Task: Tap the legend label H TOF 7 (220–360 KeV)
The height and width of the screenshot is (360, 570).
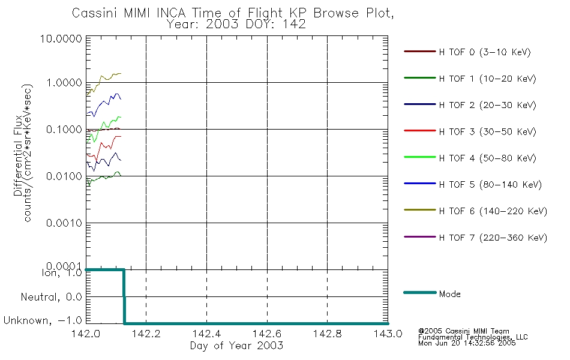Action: (x=493, y=238)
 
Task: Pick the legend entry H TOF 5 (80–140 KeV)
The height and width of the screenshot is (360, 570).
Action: (x=490, y=185)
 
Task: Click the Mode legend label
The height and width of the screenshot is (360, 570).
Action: (x=449, y=294)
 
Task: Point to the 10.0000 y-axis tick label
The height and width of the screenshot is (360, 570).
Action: (x=61, y=38)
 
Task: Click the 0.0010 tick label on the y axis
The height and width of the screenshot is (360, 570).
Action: (x=64, y=223)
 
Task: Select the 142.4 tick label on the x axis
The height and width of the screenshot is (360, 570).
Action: (x=206, y=334)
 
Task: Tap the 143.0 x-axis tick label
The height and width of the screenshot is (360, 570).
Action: (x=388, y=334)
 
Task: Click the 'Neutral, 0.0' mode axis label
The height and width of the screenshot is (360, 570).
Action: (x=51, y=298)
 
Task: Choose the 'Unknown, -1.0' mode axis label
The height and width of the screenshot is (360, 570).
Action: (x=43, y=320)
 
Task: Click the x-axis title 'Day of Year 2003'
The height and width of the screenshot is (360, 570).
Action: (x=236, y=346)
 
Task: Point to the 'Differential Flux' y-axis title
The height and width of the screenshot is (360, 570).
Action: (x=18, y=156)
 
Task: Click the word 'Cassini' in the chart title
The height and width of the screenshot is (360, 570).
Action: (x=95, y=13)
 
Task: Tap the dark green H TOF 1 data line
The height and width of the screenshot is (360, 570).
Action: (x=104, y=177)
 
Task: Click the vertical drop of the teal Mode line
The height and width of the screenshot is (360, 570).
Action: (x=124, y=297)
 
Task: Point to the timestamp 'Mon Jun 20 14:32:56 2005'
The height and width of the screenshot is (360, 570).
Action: (x=467, y=343)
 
